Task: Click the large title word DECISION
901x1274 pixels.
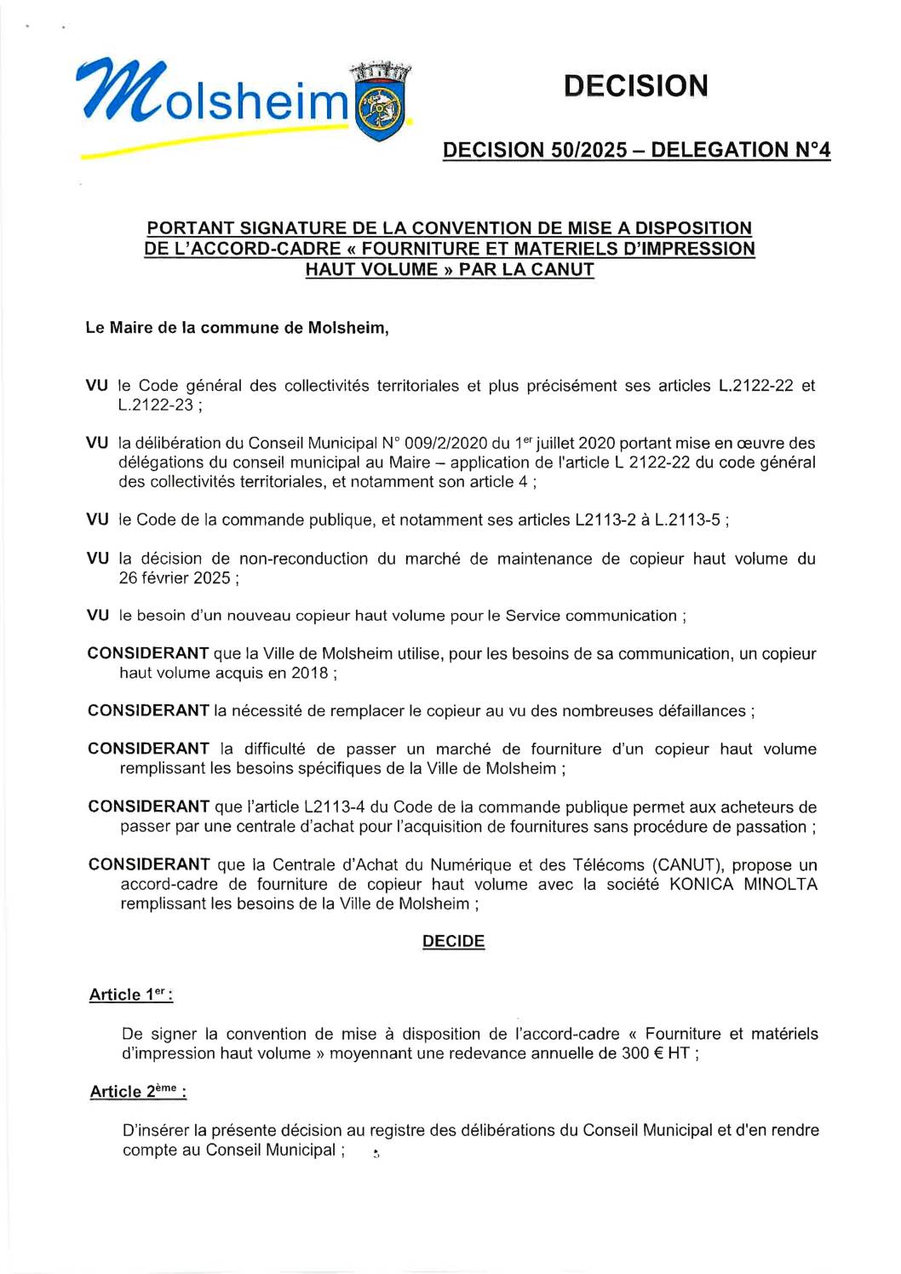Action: coord(635,86)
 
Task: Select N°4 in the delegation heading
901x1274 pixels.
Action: coord(812,151)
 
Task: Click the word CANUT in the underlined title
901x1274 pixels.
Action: coord(563,270)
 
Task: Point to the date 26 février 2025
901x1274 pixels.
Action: coord(175,578)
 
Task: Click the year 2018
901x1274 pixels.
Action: coord(310,673)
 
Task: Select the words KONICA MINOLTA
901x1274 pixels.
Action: coord(743,884)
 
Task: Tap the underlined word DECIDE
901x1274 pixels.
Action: coord(453,941)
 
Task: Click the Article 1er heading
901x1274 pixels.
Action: coord(130,995)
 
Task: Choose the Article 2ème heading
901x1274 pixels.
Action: coord(138,1092)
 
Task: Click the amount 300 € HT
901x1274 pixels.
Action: coord(655,1053)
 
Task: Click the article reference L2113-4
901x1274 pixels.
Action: coord(333,806)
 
